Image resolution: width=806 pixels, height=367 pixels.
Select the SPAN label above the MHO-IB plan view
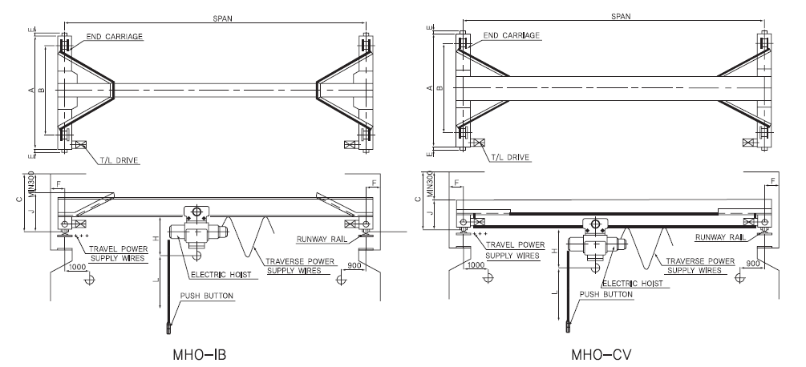click(x=213, y=17)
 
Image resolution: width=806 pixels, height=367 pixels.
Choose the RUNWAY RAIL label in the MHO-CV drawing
click(x=720, y=237)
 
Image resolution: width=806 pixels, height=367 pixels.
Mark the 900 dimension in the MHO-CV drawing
click(x=754, y=262)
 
